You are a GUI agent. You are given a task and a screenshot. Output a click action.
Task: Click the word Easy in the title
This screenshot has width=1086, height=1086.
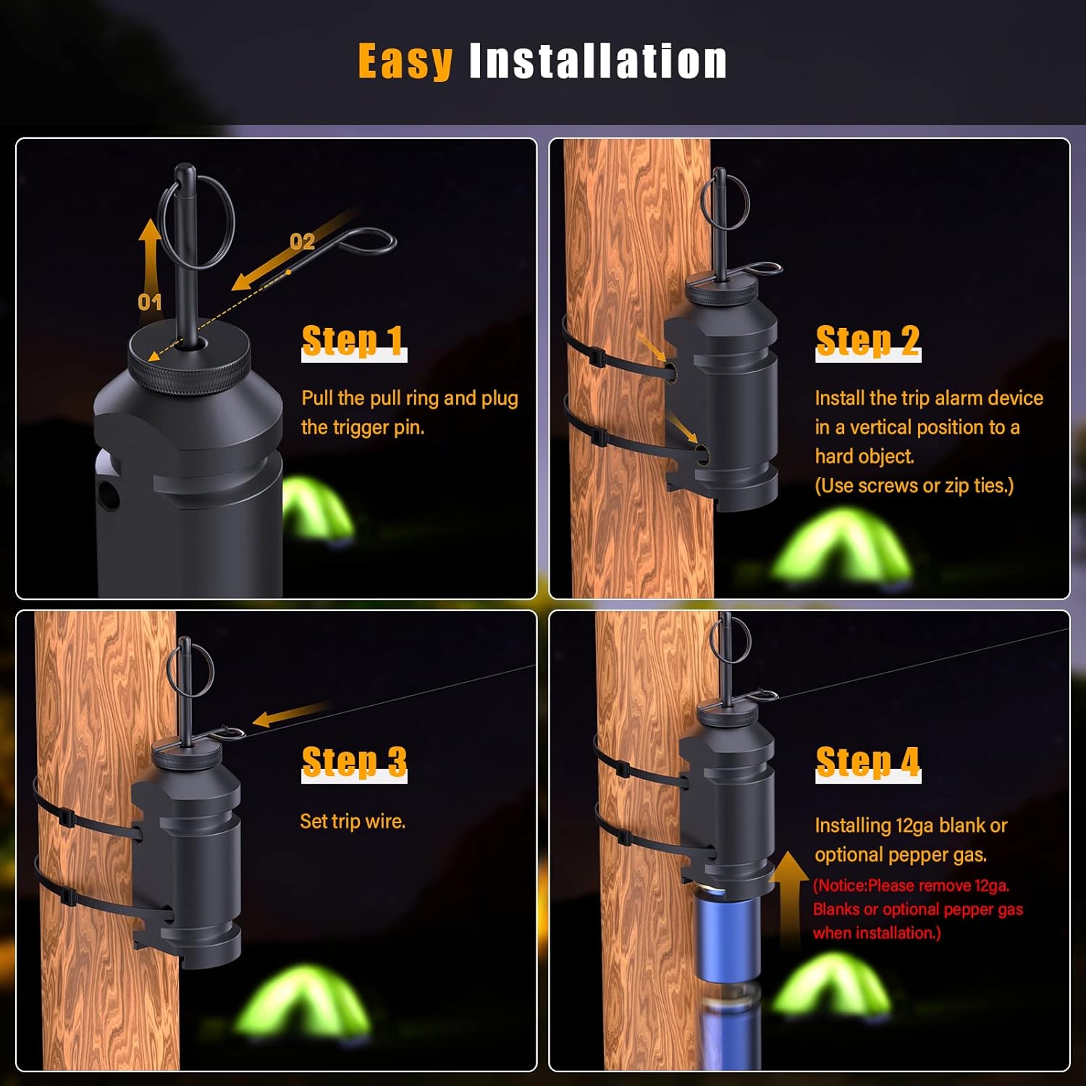coord(405,61)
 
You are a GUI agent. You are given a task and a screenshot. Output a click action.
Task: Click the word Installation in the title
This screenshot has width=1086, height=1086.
coord(598,61)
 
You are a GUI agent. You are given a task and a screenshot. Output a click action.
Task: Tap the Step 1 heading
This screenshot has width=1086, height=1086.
coord(353,341)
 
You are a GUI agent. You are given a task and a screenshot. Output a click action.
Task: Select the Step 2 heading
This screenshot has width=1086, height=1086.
coord(868,341)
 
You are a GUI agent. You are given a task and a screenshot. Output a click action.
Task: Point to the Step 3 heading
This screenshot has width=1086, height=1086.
coord(354,762)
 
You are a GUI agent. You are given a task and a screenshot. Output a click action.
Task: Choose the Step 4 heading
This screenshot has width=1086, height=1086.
coord(868,762)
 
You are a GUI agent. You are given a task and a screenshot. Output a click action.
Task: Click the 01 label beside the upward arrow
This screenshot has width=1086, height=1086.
coord(149,302)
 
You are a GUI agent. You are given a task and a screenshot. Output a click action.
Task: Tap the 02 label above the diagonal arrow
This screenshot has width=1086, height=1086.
coord(302,241)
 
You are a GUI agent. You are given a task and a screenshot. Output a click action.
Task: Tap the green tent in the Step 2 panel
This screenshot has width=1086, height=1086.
coord(840,547)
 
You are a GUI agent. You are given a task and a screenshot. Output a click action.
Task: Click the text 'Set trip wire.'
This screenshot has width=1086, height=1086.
coord(353,821)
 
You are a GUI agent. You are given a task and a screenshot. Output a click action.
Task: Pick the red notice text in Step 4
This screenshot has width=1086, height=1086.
coord(917,909)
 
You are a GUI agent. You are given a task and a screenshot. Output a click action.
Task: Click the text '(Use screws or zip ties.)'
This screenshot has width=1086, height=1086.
coord(914,485)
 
